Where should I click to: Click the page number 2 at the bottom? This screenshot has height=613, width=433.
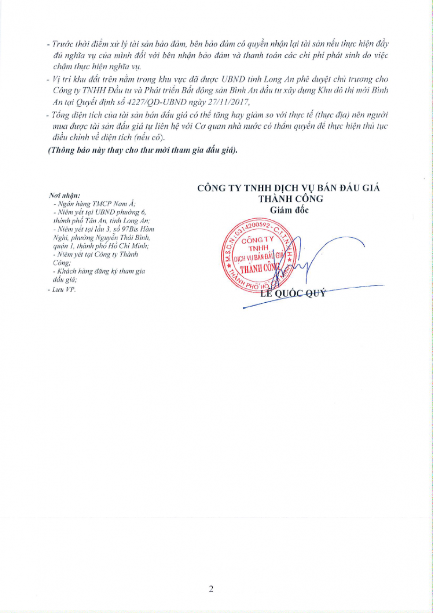pyautogui.click(x=211, y=588)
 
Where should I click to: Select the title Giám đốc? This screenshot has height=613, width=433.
pyautogui.click(x=290, y=210)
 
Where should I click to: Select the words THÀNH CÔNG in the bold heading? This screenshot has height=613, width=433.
pyautogui.click(x=288, y=199)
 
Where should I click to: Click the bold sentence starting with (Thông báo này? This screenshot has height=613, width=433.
pyautogui.click(x=143, y=151)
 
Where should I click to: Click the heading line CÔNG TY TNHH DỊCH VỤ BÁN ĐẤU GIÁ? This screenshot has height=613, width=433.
pyautogui.click(x=288, y=188)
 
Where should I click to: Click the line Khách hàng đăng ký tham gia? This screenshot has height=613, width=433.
pyautogui.click(x=100, y=272)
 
